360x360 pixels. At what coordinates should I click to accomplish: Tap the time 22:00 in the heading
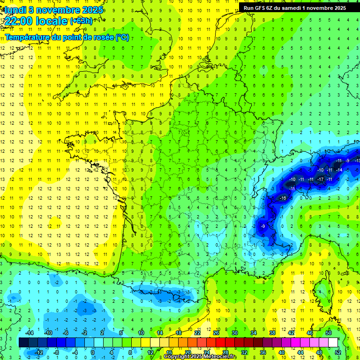22,21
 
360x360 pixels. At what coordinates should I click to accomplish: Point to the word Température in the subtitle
27,37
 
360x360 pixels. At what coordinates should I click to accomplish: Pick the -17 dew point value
321,180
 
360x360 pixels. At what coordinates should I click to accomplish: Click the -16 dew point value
283,199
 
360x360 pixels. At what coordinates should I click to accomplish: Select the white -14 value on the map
339,170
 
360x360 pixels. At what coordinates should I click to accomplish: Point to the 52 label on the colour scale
337,352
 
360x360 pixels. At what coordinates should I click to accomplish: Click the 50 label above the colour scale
328,333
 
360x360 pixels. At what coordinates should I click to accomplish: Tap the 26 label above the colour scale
216,333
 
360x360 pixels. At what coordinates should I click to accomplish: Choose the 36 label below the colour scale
263,352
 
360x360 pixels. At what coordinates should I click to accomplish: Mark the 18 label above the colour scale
179,333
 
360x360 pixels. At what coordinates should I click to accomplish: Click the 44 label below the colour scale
300,352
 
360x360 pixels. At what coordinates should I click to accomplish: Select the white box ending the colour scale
333,343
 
